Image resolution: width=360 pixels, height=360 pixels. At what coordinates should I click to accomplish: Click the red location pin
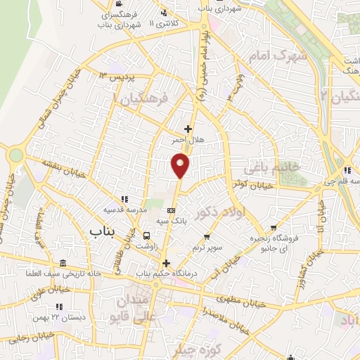tap(181, 165)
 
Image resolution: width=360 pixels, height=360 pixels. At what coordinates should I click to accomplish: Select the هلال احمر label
tap(187, 141)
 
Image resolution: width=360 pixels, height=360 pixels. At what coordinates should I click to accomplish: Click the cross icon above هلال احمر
tap(188, 129)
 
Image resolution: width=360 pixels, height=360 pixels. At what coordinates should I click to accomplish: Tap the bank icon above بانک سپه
tap(172, 210)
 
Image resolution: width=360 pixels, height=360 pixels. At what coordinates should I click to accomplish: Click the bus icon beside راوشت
tap(146, 236)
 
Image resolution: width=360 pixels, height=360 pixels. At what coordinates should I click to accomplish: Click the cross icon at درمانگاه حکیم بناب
tap(166, 263)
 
